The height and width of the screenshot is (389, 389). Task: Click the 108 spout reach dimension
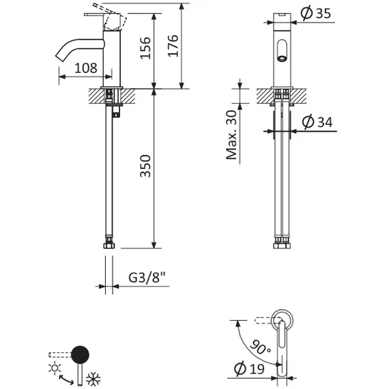[85, 68]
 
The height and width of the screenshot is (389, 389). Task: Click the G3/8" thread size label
[146, 278]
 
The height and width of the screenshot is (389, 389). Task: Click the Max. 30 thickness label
[232, 135]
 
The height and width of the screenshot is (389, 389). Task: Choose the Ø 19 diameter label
[248, 369]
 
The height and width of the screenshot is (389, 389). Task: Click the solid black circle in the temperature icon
[81, 354]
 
